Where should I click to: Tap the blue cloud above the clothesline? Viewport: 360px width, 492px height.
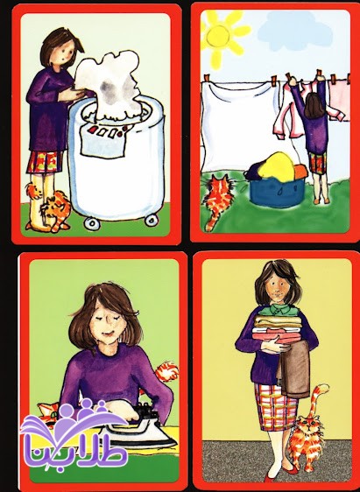click(295, 31)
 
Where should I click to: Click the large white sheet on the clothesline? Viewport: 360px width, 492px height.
click(239, 125)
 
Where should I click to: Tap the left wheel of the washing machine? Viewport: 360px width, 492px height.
click(92, 222)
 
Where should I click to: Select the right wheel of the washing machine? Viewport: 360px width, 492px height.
click(152, 220)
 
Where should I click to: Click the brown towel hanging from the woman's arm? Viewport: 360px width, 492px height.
click(294, 370)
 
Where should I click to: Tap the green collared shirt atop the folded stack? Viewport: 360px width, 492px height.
click(275, 310)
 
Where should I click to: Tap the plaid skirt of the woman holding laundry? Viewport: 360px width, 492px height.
click(275, 407)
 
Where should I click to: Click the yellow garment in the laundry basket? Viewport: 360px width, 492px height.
click(276, 167)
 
